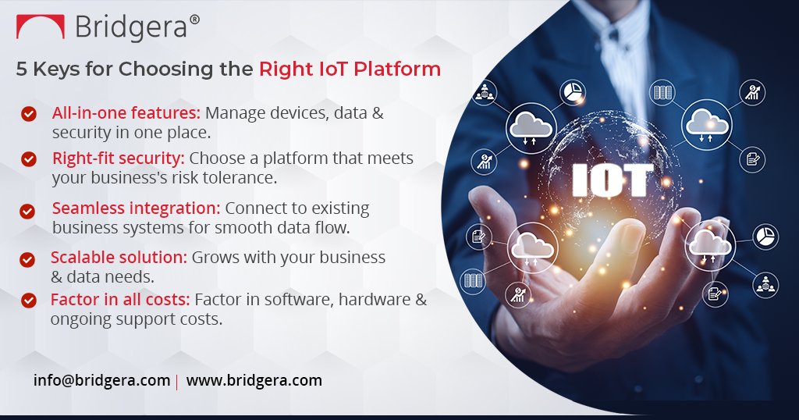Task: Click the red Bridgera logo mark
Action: point(41,28)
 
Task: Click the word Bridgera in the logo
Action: point(131,27)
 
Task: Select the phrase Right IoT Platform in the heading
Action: point(350,69)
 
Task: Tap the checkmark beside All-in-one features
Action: point(29,114)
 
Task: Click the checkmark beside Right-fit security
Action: point(29,159)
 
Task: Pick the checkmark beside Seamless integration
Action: point(27,211)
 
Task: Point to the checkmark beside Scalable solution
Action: point(27,259)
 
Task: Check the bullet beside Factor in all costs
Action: point(29,300)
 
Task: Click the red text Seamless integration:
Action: point(137,208)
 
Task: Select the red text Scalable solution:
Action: point(119,257)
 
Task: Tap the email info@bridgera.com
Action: point(101,381)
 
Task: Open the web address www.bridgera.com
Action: point(254,381)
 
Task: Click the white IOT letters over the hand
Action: point(612,180)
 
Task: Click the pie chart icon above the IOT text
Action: point(574,91)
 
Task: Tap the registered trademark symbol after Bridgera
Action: point(194,19)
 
